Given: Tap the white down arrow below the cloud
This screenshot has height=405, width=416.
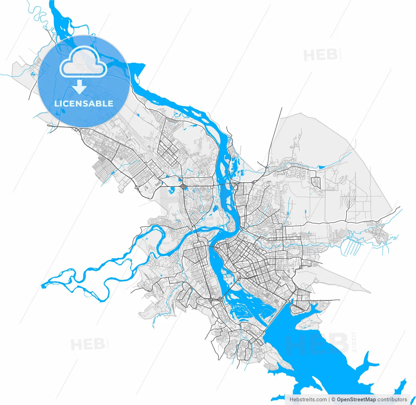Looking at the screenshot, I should tap(79, 87).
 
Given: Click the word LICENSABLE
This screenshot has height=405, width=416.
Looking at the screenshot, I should tap(84, 104).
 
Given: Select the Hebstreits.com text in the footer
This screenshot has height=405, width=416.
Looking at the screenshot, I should tap(308, 399).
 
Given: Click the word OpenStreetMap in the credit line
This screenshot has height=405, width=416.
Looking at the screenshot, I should tap(356, 399).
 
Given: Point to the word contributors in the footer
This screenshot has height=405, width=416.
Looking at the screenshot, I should tap(392, 399).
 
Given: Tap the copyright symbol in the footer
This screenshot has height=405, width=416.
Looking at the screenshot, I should tap(333, 399).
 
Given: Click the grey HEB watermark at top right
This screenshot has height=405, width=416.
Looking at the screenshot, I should tap(320, 55).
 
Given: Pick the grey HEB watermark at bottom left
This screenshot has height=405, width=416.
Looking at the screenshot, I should tap(88, 344).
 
